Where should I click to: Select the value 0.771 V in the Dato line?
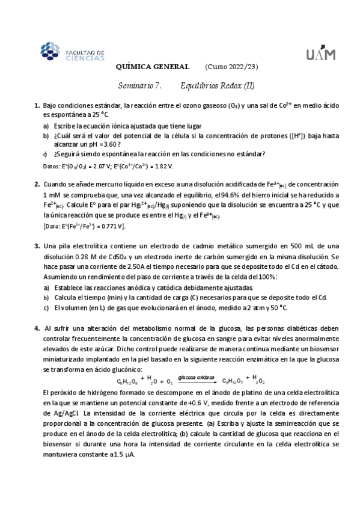coord(111,226)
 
